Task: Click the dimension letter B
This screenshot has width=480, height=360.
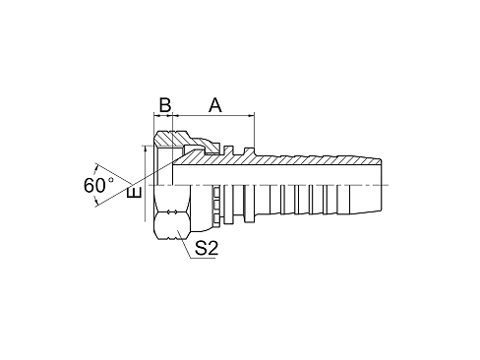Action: pyautogui.click(x=165, y=105)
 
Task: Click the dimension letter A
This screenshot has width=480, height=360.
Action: pyautogui.click(x=215, y=105)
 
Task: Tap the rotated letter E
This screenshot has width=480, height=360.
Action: pyautogui.click(x=134, y=192)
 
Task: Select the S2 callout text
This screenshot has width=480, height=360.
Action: pyautogui.click(x=207, y=248)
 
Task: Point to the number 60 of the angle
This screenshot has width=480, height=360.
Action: pyautogui.click(x=94, y=186)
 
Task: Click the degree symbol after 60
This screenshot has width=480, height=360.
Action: pyautogui.click(x=111, y=180)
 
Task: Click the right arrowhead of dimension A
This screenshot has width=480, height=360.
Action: pyautogui.click(x=252, y=115)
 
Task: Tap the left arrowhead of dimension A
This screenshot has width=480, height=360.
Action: pyautogui.click(x=175, y=115)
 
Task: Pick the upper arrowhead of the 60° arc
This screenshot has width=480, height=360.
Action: pyautogui.click(x=95, y=168)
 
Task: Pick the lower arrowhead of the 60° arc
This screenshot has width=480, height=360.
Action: pyautogui.click(x=95, y=202)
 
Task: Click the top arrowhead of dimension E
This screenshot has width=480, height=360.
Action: pyautogui.click(x=145, y=150)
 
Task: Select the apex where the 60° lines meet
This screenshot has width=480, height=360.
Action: pyautogui.click(x=131, y=184)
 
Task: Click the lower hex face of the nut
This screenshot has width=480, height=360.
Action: pyautogui.click(x=172, y=226)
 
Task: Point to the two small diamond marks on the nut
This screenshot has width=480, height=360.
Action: pyautogui.click(x=172, y=211)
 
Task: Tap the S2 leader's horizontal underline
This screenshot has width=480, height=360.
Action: pyautogui.click(x=203, y=259)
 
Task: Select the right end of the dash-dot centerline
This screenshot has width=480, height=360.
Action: pyautogui.click(x=389, y=186)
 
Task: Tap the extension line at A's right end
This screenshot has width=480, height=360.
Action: pyautogui.click(x=255, y=130)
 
